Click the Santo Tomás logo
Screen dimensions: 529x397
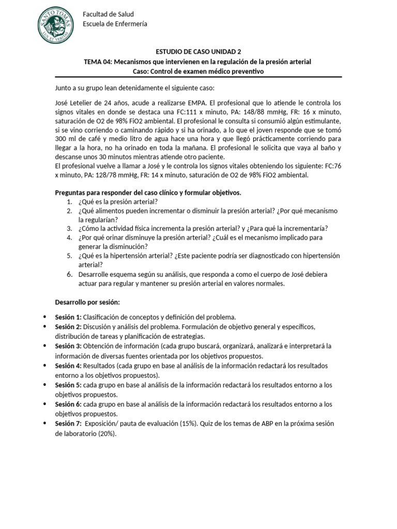click(x=56, y=24)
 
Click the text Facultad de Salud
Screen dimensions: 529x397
click(x=108, y=14)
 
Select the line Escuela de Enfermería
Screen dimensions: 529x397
click(x=115, y=24)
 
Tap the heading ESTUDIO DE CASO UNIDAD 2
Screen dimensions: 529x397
click(x=198, y=52)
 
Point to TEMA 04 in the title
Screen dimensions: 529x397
click(x=97, y=61)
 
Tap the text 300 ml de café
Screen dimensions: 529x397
click(x=78, y=139)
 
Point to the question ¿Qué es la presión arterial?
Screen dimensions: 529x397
click(x=118, y=201)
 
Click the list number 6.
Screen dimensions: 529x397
click(x=69, y=274)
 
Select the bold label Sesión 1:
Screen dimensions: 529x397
click(x=68, y=317)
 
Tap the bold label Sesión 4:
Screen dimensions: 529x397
click(x=68, y=365)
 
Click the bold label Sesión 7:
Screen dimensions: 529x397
click(x=68, y=424)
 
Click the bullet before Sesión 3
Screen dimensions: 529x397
click(x=47, y=346)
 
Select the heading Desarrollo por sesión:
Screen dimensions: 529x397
click(x=87, y=302)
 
